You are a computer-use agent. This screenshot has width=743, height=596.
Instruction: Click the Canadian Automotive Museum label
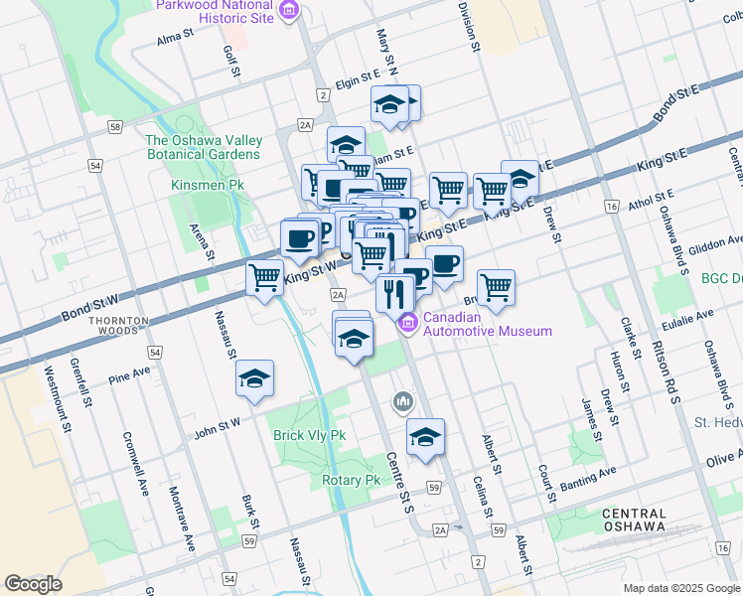488,324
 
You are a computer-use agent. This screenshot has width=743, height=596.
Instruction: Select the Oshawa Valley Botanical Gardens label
203,147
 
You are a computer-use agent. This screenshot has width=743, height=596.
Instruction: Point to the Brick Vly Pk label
309,435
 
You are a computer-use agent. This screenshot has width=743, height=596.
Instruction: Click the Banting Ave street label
588,479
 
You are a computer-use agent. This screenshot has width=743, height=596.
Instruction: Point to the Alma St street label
174,39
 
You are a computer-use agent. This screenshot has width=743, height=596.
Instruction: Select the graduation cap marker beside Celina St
425,437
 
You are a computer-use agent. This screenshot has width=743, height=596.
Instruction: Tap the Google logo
33,584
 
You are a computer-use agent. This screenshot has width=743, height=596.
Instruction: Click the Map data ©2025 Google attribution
680,588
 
